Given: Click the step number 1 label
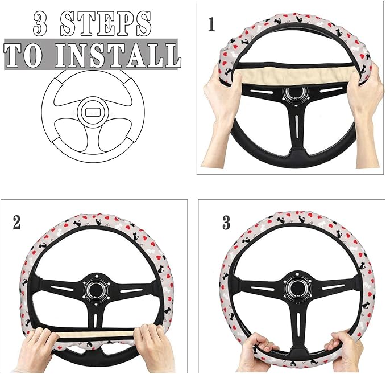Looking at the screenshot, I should coord(211,26).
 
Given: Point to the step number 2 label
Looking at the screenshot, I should coord(16,222).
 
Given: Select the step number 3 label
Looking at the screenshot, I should coord(226,223).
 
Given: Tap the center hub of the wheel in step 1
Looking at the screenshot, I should coord(294,94).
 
